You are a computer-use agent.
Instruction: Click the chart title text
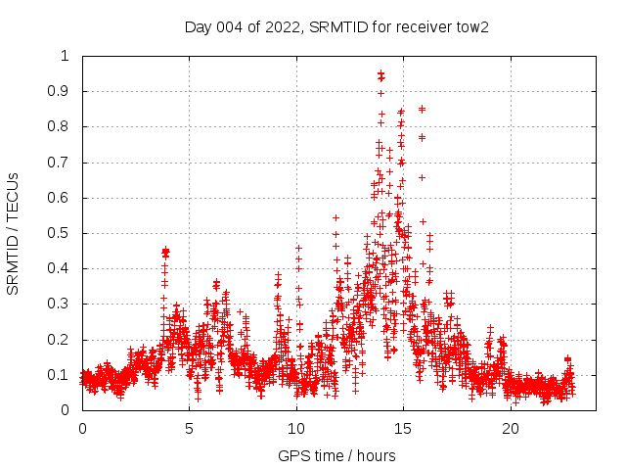(336, 26)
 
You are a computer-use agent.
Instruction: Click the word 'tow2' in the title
(471, 26)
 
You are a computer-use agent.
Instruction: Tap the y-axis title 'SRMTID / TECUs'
(14, 233)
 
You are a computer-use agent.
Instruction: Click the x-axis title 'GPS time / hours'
(336, 455)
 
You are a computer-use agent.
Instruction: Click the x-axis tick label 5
(190, 429)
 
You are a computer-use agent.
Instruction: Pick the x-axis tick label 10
(296, 429)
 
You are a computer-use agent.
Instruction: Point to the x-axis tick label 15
(404, 429)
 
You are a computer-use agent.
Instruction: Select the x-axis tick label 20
(511, 429)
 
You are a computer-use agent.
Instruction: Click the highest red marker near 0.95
(381, 74)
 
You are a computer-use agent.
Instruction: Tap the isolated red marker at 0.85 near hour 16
(422, 109)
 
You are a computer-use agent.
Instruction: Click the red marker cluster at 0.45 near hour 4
(165, 252)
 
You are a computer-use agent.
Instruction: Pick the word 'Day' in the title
(198, 26)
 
